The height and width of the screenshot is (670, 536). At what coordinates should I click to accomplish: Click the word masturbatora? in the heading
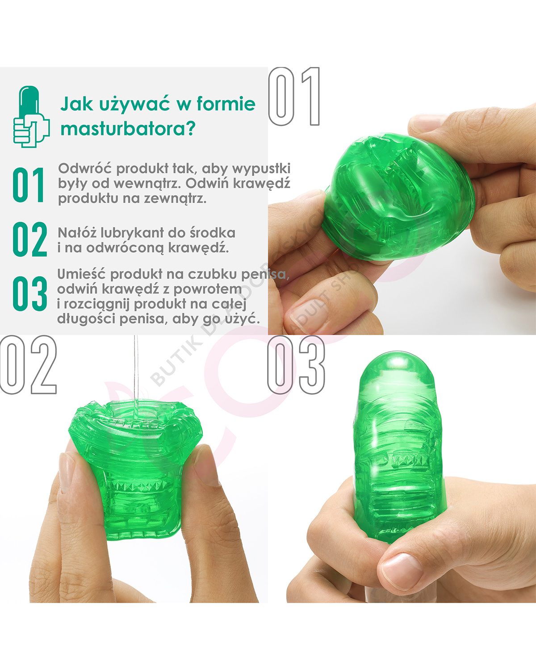[x=128, y=130]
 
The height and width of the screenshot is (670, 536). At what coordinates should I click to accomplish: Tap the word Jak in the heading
[x=77, y=104]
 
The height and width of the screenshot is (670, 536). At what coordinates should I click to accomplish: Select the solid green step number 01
[x=29, y=185]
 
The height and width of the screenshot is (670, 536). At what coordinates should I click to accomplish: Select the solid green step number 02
[x=29, y=239]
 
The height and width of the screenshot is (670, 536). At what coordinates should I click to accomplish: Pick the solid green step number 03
[x=29, y=293]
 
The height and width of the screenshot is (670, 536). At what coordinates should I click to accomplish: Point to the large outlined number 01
[x=295, y=96]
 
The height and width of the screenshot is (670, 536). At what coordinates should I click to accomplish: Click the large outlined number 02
[x=29, y=365]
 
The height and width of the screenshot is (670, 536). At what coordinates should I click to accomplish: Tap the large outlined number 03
[x=296, y=365]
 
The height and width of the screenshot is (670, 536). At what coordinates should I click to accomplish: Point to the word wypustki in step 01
[x=261, y=169]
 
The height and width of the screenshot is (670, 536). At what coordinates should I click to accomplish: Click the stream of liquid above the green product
[x=135, y=371]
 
